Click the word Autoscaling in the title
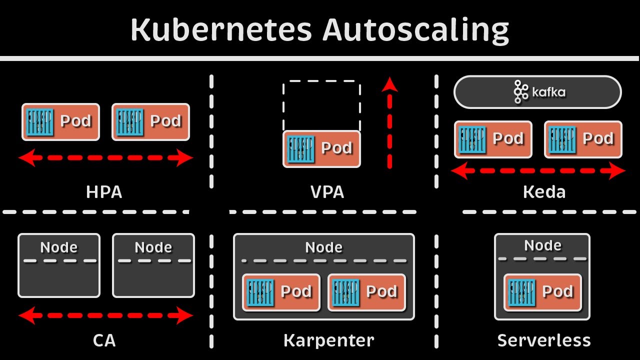tap(415, 30)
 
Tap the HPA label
tap(104, 192)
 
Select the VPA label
tap(327, 192)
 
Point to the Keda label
tap(544, 192)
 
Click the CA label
tap(104, 340)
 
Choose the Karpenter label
tap(328, 340)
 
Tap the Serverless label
tap(544, 340)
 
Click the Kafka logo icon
tap(521, 92)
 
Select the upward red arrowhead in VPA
tap(389, 84)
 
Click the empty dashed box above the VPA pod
tap(321, 105)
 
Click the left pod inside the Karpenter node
tap(281, 292)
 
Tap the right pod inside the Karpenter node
tap(366, 292)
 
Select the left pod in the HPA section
tap(60, 122)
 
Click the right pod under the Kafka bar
tap(583, 139)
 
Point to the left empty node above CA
tap(59, 266)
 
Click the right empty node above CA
tap(153, 266)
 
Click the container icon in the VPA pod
tap(300, 148)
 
